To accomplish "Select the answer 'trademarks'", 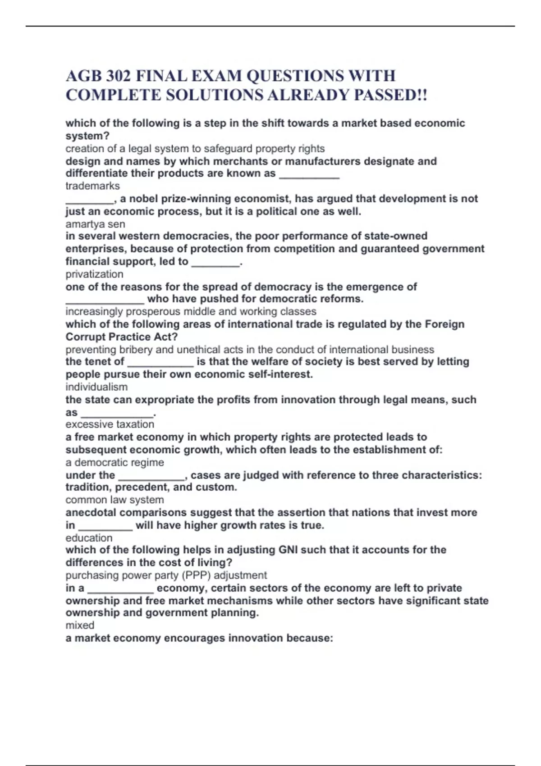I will pos(92,186).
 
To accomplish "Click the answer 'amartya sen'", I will pos(95,224).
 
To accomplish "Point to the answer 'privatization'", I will pos(94,274).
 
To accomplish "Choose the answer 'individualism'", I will pos(96,387).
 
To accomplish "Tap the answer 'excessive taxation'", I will pos(110,424).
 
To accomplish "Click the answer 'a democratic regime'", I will pos(115,463).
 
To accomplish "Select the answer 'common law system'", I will pos(115,500).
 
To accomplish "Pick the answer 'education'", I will pos(89,538).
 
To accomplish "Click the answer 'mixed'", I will pos(80,625).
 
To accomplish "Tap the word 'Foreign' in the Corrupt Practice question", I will pos(445,324).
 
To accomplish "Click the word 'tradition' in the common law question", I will pos(88,488).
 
